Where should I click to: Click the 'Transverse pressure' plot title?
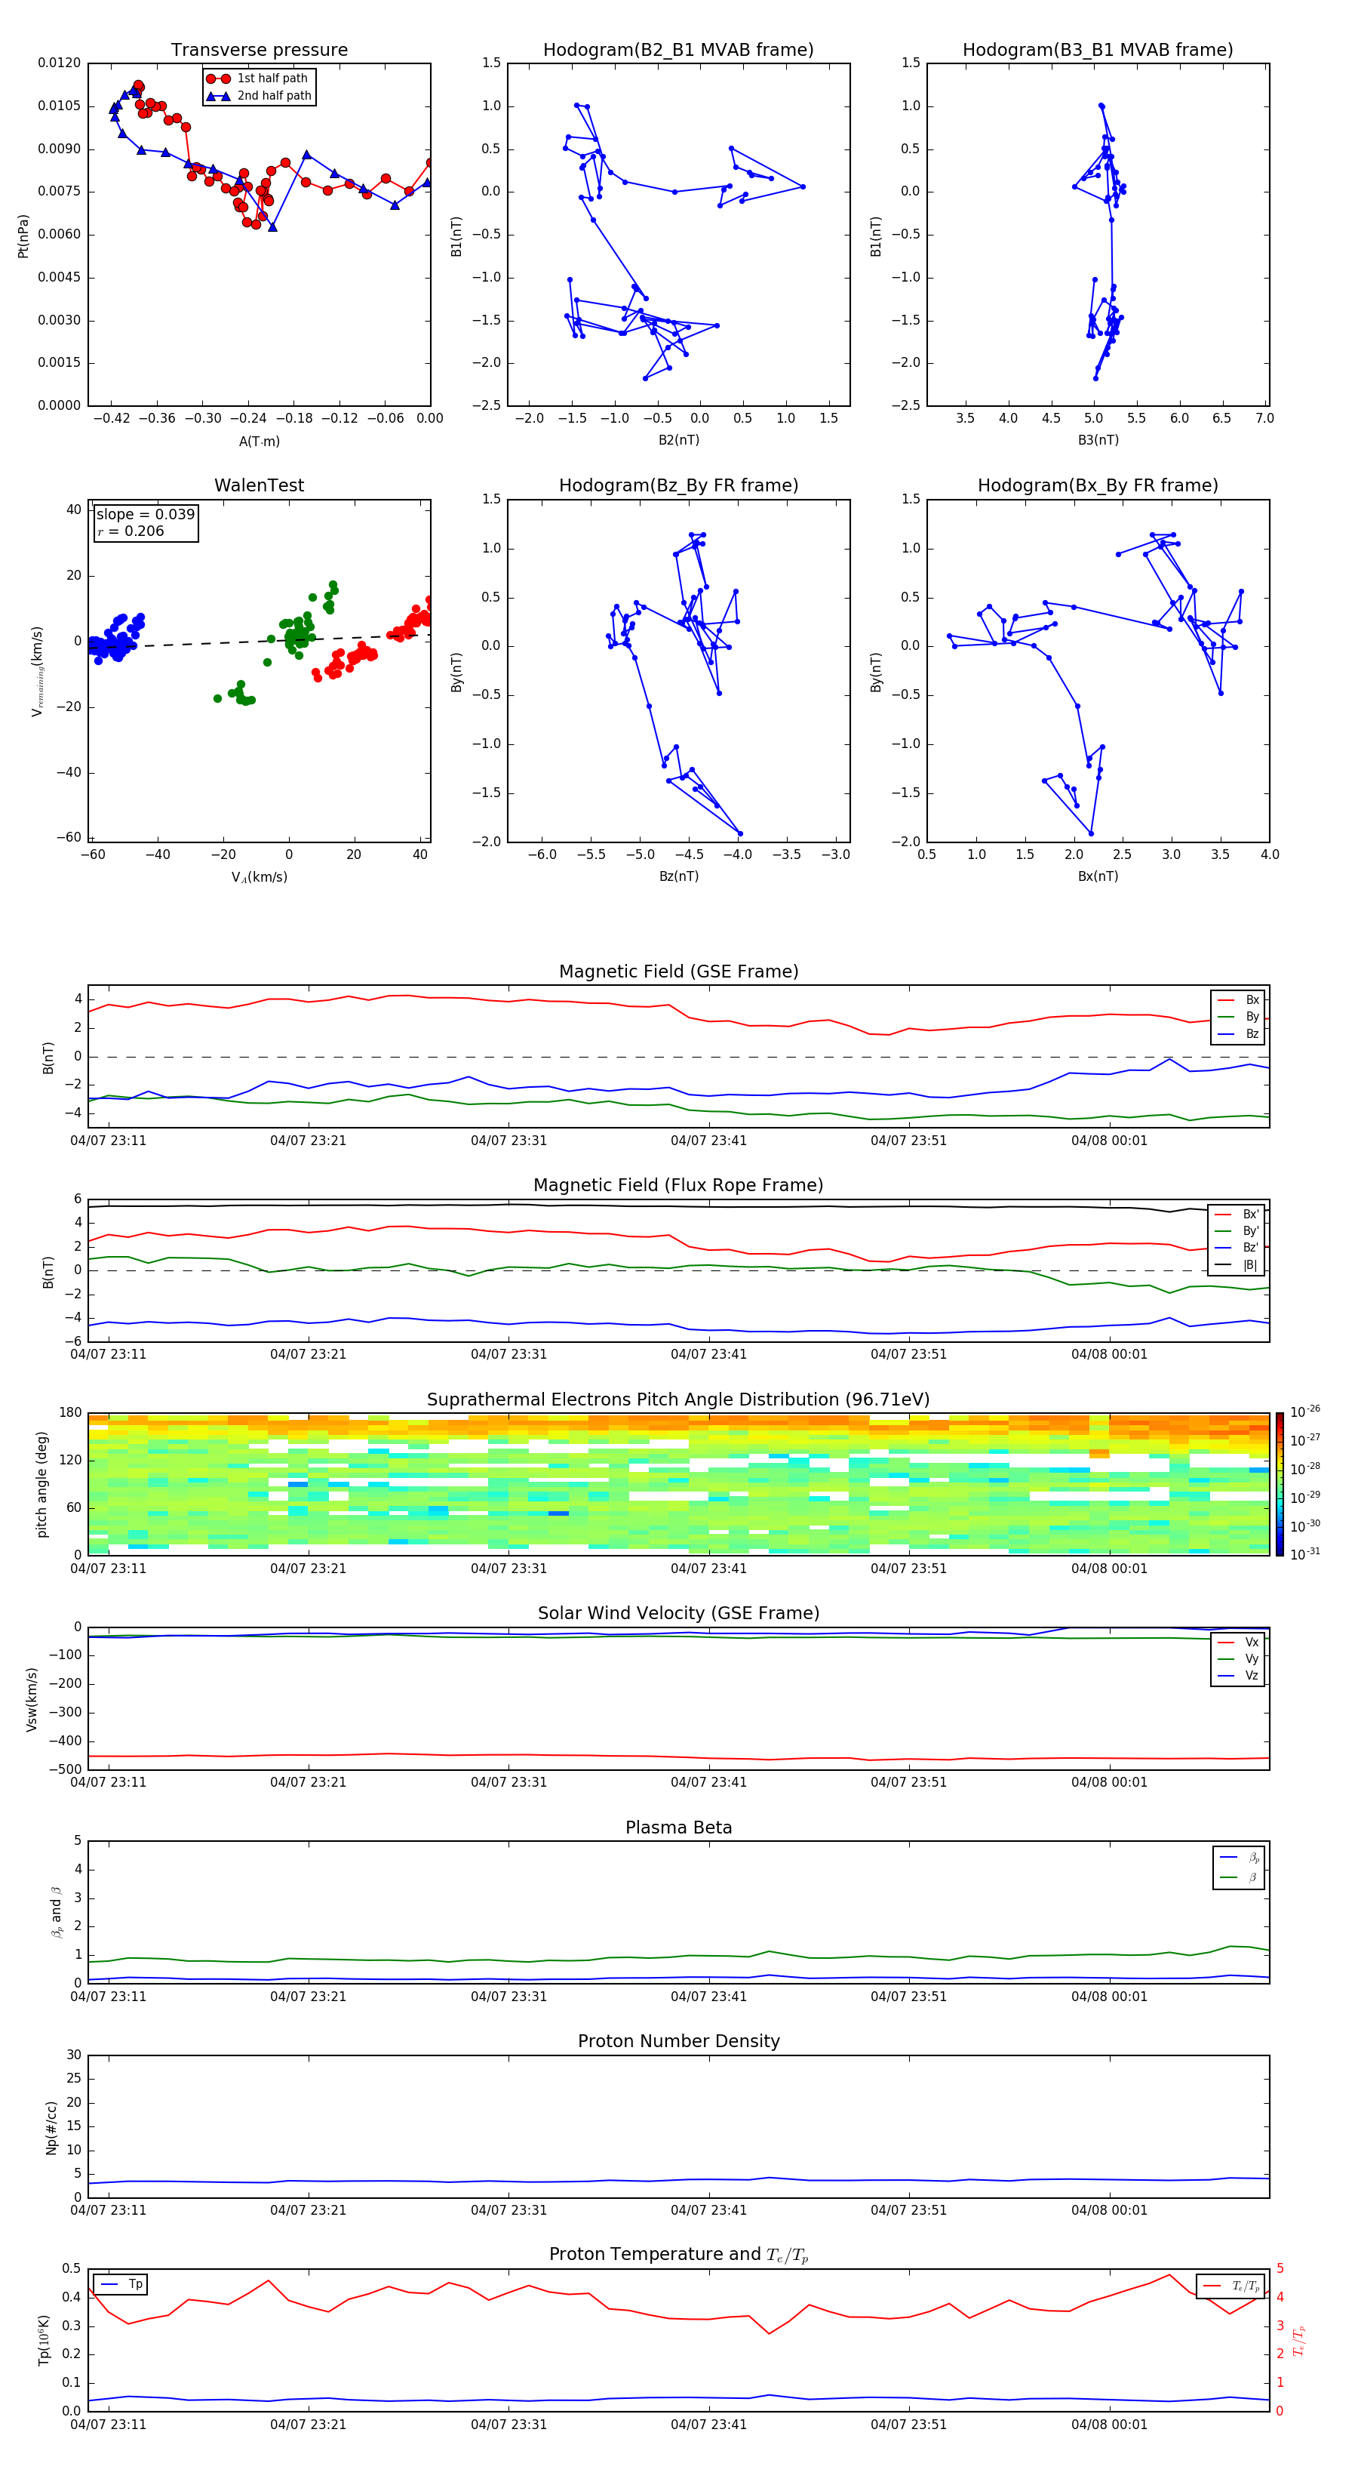coord(259,51)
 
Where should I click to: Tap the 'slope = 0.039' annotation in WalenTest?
coord(145,515)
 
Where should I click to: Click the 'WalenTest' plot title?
coord(259,485)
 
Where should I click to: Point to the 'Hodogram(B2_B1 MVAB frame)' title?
coord(677,51)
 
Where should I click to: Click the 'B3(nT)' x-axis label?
coord(1098,440)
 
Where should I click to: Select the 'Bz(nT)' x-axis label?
coord(678,876)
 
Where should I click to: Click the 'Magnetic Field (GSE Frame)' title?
coord(678,971)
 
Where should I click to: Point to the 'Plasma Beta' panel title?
coord(678,1827)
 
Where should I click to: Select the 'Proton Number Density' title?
coord(678,2041)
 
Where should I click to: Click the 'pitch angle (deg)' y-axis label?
coord(41,1483)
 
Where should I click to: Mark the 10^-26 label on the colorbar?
coord(1305,1412)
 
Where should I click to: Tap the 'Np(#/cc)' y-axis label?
coord(51,2126)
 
